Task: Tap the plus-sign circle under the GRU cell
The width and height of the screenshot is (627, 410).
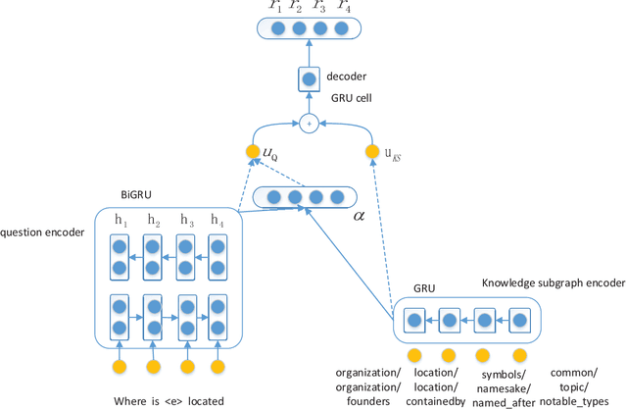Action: click(309, 123)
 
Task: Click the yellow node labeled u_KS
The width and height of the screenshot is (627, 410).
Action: click(371, 152)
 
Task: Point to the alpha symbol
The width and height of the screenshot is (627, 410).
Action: click(358, 212)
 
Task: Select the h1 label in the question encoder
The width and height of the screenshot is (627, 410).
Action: click(121, 221)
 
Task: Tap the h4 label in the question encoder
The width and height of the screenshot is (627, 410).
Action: click(217, 221)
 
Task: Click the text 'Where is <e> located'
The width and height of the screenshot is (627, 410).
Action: click(168, 400)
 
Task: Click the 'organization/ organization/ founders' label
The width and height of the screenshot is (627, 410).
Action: click(368, 386)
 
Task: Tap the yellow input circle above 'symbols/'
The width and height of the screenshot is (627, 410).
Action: click(481, 354)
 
